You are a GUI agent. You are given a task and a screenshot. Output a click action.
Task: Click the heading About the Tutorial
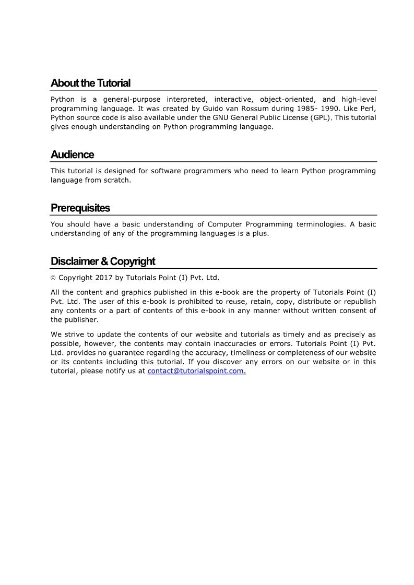pyautogui.click(x=90, y=83)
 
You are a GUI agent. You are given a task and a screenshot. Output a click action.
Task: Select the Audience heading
pyautogui.click(x=72, y=154)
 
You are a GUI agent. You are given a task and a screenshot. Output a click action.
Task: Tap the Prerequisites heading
pyautogui.click(x=80, y=208)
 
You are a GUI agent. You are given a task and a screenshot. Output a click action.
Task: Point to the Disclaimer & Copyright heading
pyautogui.click(x=103, y=261)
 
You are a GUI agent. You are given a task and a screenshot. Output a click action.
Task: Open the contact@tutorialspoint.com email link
pyautogui.click(x=196, y=371)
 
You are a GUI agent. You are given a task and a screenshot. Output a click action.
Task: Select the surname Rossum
pyautogui.click(x=254, y=109)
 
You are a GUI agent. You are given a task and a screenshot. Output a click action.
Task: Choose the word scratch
pyautogui.click(x=117, y=181)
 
